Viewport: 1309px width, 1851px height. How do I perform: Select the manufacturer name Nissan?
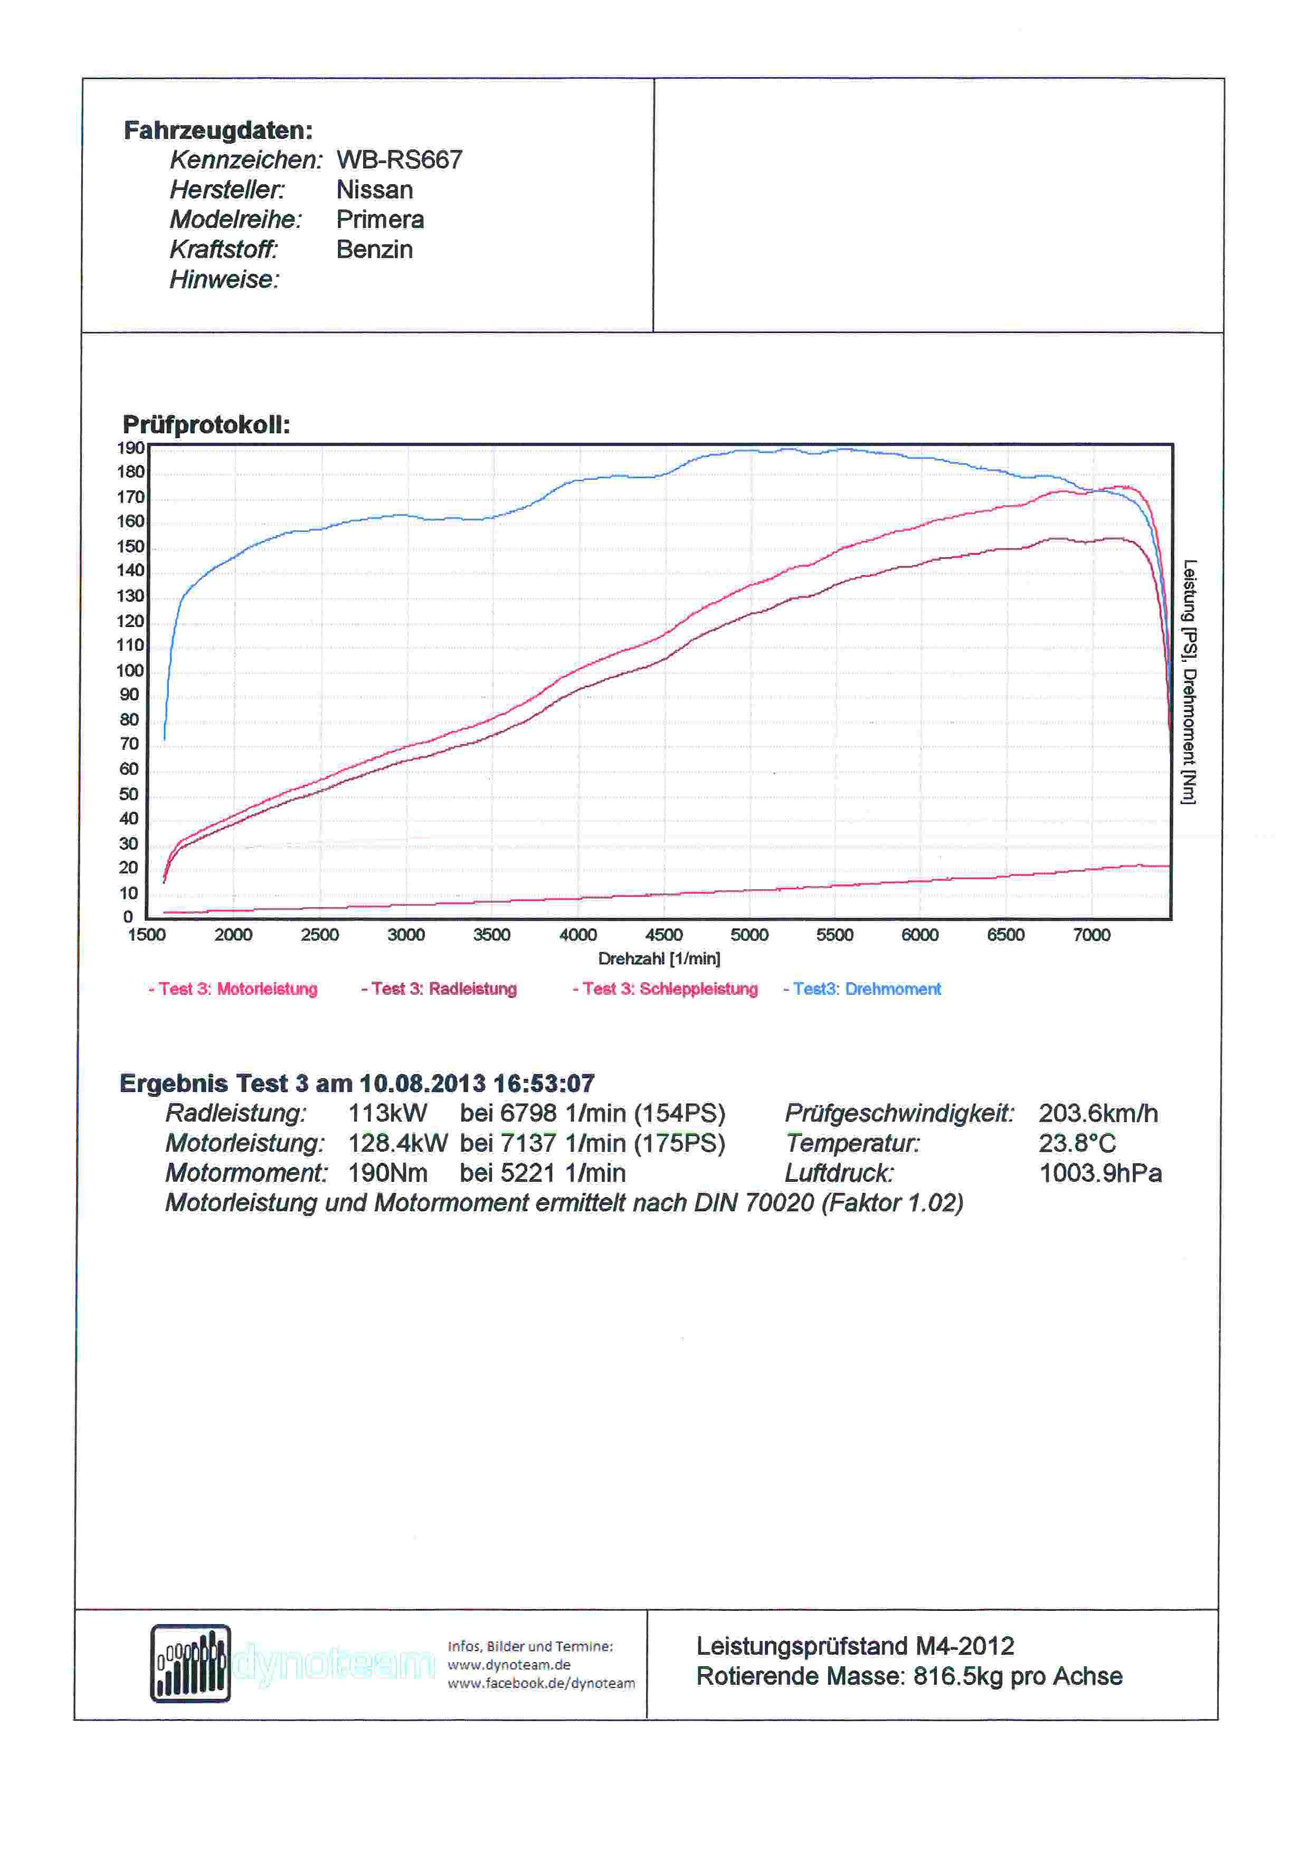point(375,189)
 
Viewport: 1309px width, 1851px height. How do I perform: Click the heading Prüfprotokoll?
point(206,425)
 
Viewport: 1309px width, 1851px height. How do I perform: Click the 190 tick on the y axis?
point(130,448)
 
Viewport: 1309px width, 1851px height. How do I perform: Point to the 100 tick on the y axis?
point(130,671)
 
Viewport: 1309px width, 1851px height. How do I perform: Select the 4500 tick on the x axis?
point(664,935)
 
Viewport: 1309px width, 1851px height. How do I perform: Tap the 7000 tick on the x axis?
point(1092,935)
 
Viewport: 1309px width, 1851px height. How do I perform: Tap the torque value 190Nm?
point(388,1173)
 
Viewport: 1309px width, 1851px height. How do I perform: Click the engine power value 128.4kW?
point(398,1143)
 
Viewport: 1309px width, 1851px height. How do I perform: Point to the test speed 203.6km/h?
point(1098,1113)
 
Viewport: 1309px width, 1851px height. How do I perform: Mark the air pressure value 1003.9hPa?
point(1100,1173)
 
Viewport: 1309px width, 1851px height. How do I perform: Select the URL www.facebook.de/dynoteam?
point(542,1683)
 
